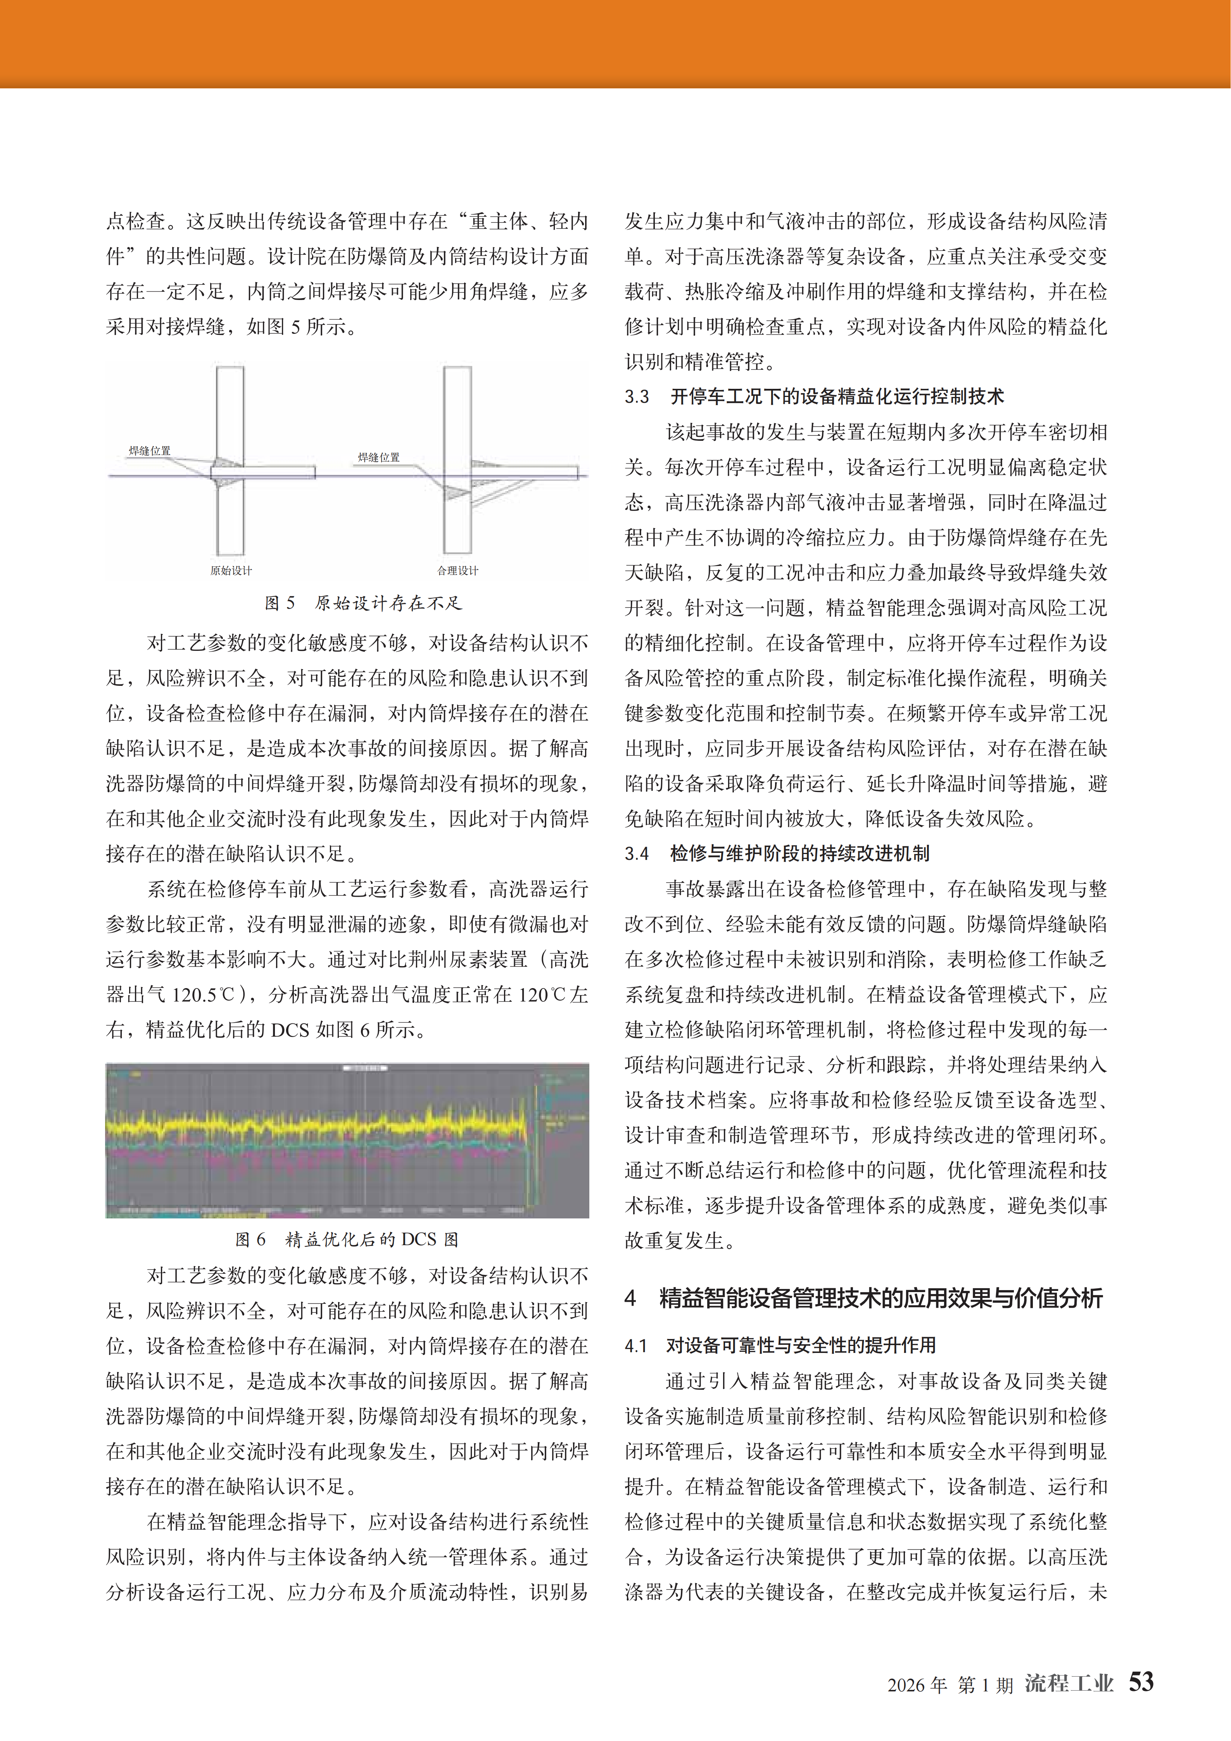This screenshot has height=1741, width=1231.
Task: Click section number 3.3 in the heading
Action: (637, 397)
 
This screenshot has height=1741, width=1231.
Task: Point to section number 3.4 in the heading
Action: (637, 854)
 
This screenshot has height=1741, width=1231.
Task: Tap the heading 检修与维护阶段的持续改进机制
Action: (799, 854)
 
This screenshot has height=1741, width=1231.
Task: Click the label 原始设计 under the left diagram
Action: (231, 570)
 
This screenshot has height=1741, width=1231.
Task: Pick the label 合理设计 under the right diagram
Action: (458, 570)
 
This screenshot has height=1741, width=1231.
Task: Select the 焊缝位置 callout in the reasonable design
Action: (378, 457)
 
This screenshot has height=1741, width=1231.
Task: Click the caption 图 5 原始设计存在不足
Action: (363, 603)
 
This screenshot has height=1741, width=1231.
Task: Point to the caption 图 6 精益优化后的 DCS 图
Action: (347, 1239)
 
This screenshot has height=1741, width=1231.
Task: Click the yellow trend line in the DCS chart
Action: (304, 1124)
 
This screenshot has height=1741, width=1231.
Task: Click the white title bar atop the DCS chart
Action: (366, 1068)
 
